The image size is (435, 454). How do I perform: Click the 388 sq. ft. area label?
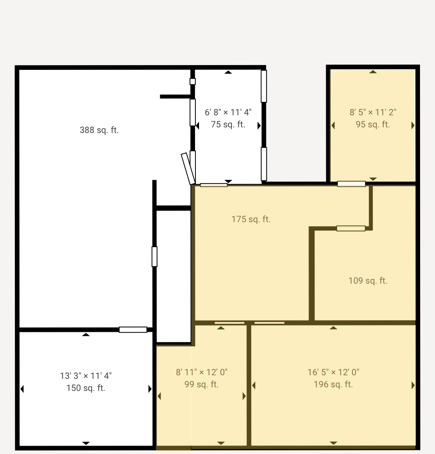(99, 130)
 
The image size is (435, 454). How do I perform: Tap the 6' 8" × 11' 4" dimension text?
(228, 112)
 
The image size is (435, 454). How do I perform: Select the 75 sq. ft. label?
(228, 125)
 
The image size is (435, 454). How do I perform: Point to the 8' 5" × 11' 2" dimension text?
(373, 112)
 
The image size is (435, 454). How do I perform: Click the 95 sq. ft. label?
(373, 125)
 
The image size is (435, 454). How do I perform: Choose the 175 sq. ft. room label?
(251, 219)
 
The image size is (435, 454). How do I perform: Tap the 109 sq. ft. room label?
(368, 280)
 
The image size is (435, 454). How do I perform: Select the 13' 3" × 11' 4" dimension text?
(85, 376)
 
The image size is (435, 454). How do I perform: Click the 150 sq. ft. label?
(85, 388)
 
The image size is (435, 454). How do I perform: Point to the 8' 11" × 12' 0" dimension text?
(201, 372)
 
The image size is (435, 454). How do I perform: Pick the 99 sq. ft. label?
(201, 384)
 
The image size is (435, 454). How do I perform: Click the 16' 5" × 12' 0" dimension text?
(333, 372)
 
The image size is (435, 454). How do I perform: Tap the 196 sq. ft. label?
(333, 384)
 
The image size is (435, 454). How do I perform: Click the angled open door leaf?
(188, 169)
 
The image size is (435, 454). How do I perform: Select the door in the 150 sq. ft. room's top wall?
(133, 329)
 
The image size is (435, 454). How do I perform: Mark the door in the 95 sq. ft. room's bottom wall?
(352, 184)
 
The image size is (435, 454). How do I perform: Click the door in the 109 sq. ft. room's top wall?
(351, 229)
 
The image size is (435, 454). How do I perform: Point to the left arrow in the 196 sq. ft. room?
(254, 385)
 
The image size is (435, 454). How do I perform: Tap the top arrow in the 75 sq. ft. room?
(228, 72)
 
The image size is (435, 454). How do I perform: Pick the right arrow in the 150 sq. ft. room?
(150, 389)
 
